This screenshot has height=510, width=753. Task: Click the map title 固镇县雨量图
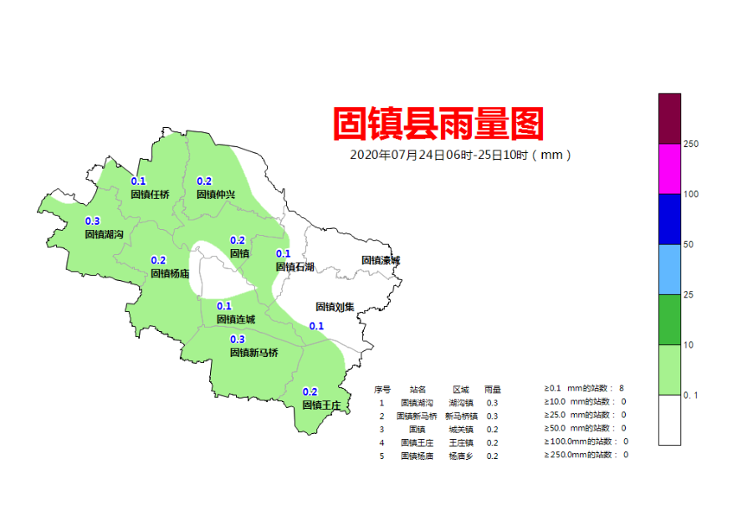(x=438, y=125)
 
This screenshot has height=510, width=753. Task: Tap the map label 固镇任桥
(x=150, y=195)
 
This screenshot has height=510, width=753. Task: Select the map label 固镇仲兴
(x=216, y=195)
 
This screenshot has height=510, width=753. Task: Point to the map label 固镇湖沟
(x=104, y=235)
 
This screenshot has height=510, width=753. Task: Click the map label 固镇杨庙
(x=170, y=273)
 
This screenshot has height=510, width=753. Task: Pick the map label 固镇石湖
(x=295, y=267)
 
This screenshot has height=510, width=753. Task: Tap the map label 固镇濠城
(x=381, y=260)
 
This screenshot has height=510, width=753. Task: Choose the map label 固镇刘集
(x=335, y=307)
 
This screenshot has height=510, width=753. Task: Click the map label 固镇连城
(x=235, y=319)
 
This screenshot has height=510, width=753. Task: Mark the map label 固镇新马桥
(x=254, y=353)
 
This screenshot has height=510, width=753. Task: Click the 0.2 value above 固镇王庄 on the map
(x=310, y=392)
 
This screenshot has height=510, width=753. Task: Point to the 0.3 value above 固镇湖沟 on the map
(x=93, y=222)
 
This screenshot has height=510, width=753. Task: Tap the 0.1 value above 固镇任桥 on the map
(x=139, y=181)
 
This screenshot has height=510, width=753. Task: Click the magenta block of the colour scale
(x=669, y=169)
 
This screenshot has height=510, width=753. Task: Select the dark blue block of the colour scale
(x=669, y=219)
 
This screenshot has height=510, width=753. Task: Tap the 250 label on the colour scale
(x=691, y=145)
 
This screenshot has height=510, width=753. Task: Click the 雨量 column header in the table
(x=493, y=390)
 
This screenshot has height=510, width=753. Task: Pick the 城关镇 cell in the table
(x=461, y=430)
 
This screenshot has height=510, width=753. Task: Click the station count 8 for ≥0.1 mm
(x=622, y=389)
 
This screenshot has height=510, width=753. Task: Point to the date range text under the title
(x=461, y=155)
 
